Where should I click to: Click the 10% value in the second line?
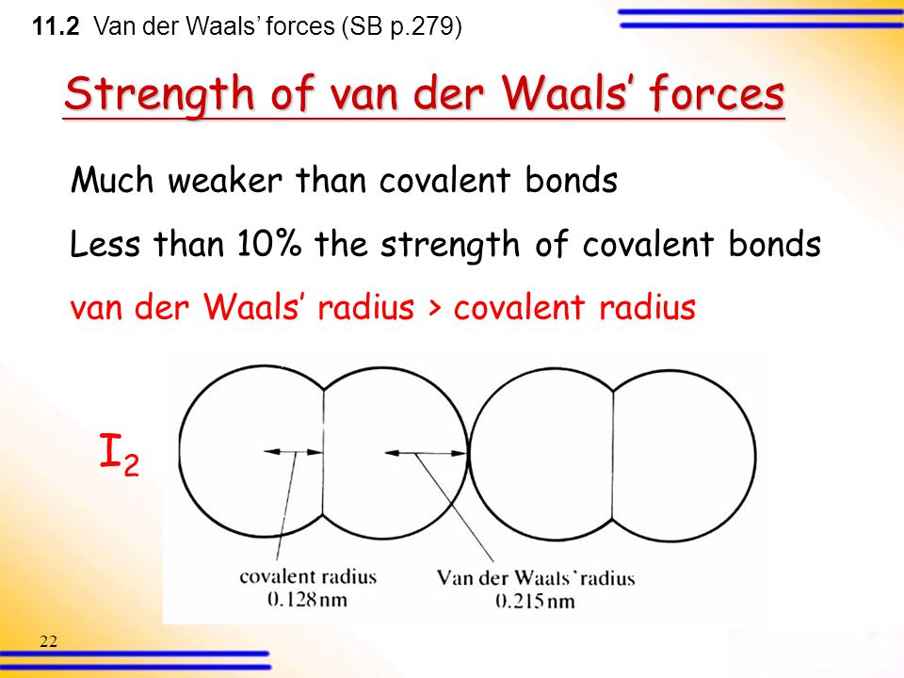coord(272,245)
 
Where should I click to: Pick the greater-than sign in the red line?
coord(433,309)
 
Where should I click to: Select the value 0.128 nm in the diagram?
coord(308,598)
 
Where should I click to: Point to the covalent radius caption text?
coord(308,577)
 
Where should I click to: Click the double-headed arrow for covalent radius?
coord(293,453)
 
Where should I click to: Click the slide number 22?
coord(49,642)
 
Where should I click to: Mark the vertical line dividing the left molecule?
coord(324,452)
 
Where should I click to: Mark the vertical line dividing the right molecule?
coord(613,452)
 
